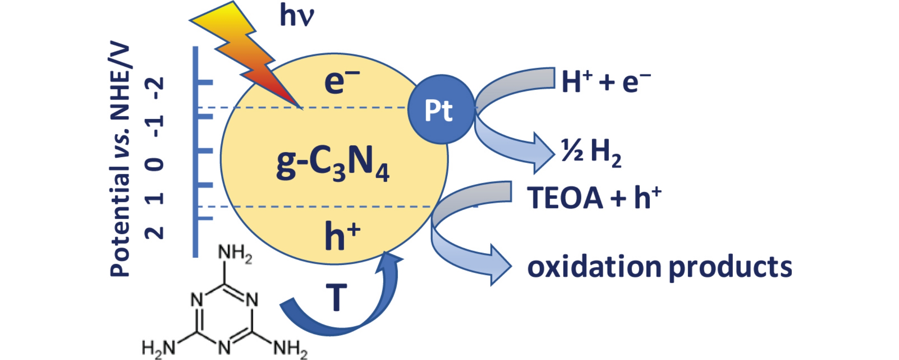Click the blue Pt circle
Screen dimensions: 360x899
(x=441, y=109)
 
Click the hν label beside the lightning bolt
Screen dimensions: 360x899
(x=297, y=16)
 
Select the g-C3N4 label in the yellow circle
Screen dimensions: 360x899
(x=332, y=163)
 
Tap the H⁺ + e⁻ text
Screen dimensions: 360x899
(x=605, y=81)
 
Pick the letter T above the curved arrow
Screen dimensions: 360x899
(x=336, y=297)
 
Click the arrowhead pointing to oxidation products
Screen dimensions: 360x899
(x=500, y=265)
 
